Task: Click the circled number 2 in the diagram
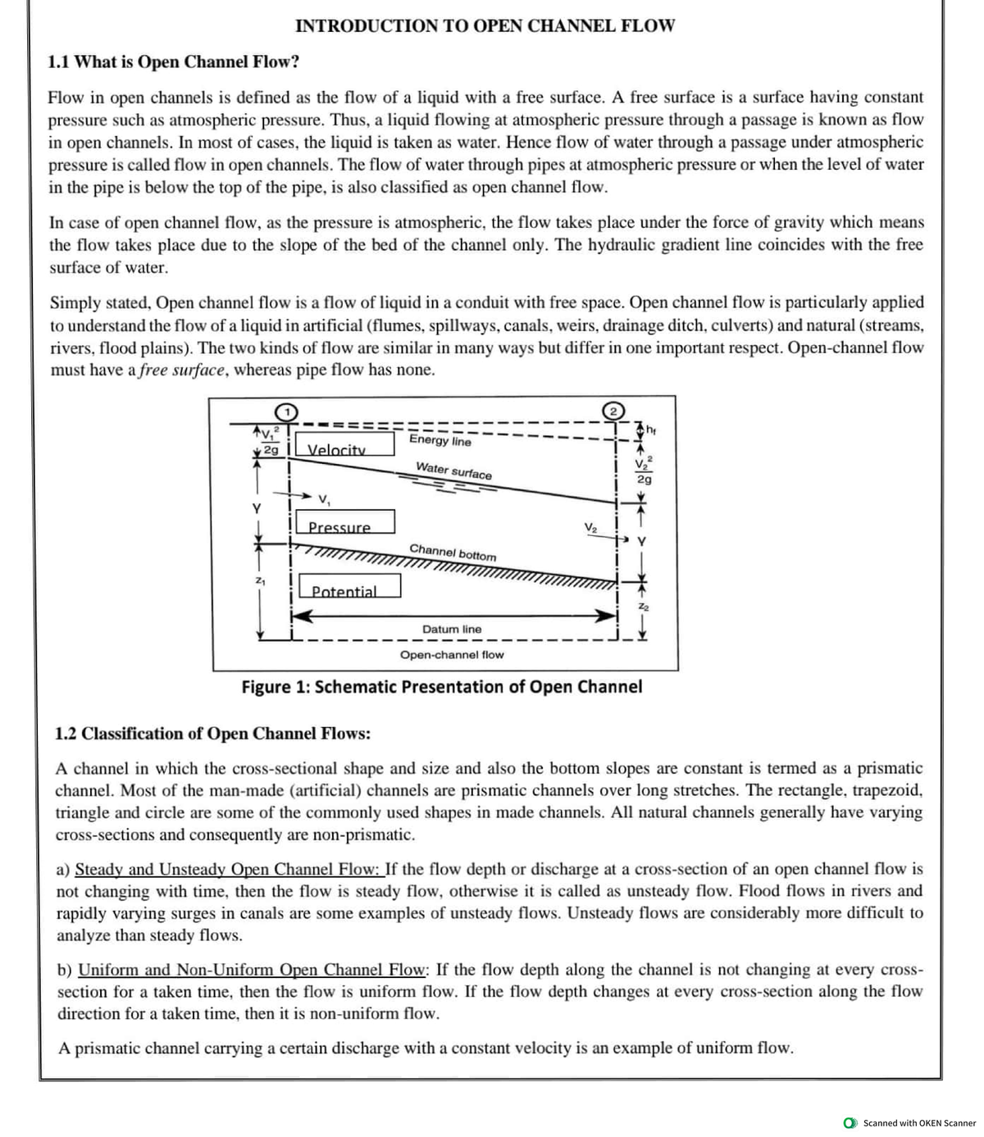(614, 411)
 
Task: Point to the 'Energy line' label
(440, 440)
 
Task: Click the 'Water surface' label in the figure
(453, 471)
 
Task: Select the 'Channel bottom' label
(453, 552)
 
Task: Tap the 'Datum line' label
(452, 630)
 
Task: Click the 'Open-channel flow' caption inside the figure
(452, 655)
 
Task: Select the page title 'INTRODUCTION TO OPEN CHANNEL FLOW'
(485, 26)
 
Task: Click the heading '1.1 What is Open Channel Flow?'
(174, 62)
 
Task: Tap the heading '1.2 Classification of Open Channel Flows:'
(212, 734)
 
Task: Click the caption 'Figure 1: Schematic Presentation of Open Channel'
(442, 687)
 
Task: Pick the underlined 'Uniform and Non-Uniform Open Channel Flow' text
(252, 970)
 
